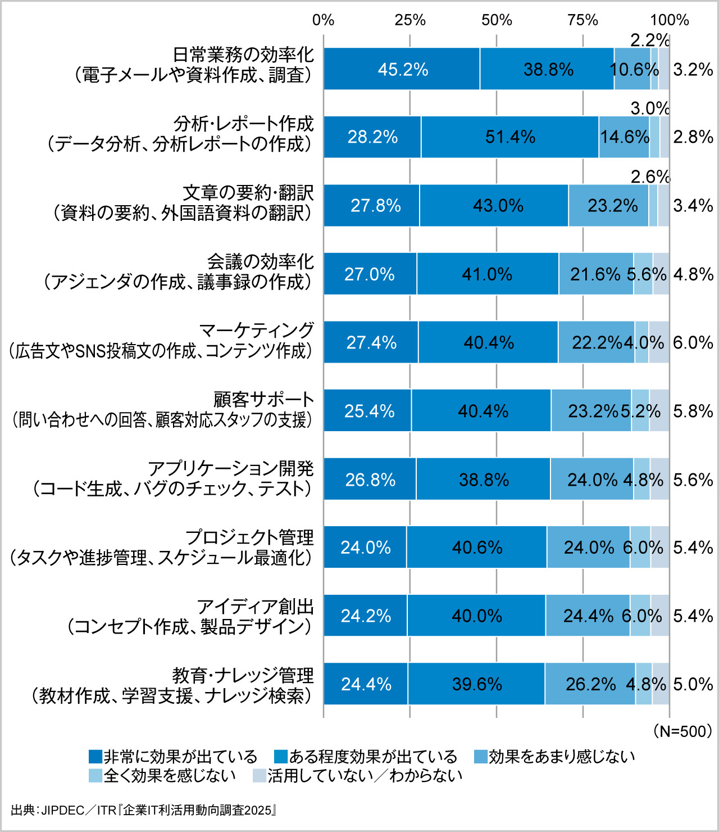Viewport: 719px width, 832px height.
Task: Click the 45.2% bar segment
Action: point(402,69)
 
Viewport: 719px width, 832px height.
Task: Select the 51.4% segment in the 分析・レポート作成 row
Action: point(510,137)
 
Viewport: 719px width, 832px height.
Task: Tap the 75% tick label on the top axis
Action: point(583,20)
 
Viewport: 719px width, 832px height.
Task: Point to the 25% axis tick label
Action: point(410,20)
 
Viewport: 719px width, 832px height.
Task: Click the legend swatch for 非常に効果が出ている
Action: point(95,757)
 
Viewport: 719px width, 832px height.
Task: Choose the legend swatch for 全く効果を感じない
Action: point(95,776)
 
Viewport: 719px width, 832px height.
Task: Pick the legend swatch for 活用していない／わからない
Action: point(260,776)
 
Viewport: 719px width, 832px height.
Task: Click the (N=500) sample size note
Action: point(682,731)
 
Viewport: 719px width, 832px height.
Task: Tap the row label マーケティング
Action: point(257,331)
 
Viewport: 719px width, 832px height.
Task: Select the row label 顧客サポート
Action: point(263,400)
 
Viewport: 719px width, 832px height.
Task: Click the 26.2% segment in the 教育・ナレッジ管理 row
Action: point(590,684)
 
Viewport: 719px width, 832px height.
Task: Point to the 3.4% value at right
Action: point(693,206)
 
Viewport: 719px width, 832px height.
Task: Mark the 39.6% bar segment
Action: point(477,684)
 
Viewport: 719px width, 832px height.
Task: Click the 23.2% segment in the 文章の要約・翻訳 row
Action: point(612,206)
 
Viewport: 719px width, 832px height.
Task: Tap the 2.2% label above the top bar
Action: point(650,40)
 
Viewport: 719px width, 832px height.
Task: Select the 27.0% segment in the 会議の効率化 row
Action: point(370,274)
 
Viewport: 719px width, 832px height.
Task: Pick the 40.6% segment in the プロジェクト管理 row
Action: point(477,548)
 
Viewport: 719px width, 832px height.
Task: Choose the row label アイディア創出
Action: point(255,607)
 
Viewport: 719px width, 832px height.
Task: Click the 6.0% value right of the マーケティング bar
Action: point(693,343)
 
